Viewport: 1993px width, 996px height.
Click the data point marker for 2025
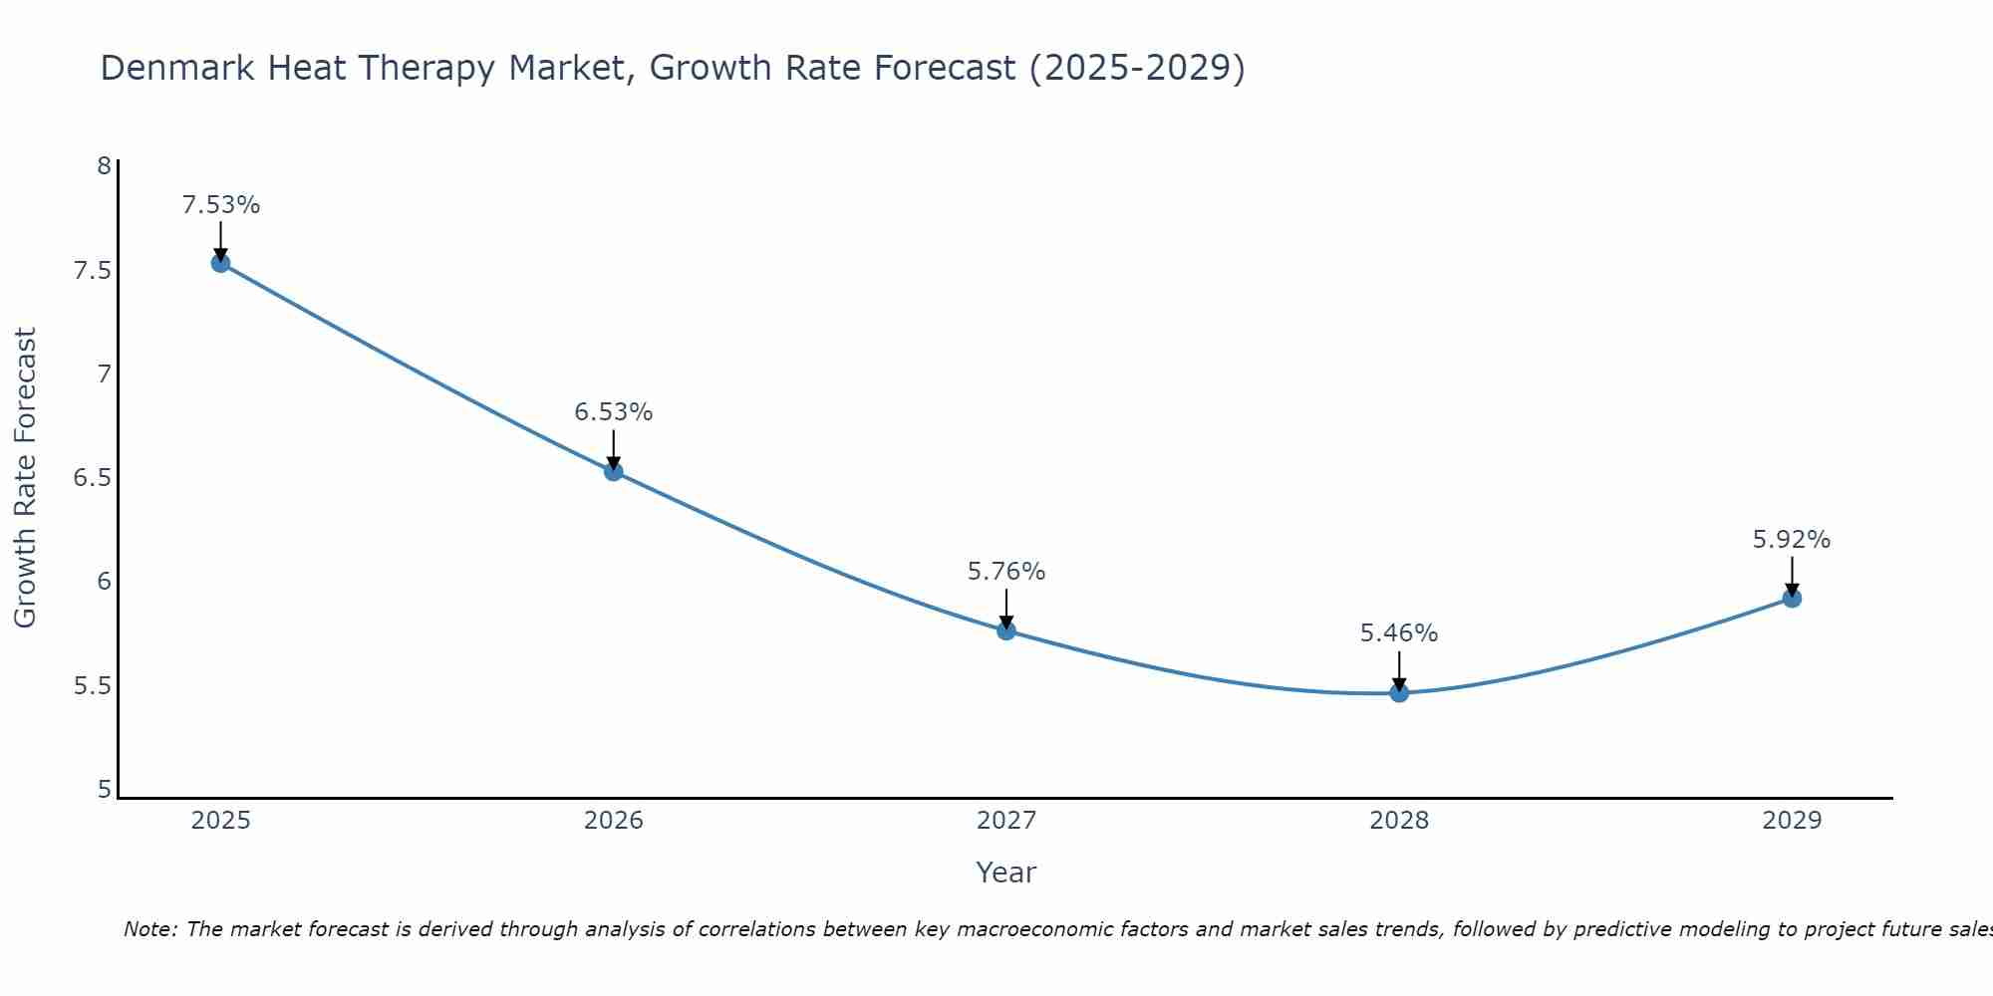[x=220, y=263]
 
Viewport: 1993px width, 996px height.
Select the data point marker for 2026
[x=614, y=471]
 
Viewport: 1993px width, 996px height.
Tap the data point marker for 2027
[x=1006, y=630]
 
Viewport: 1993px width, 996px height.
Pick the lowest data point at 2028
[x=1399, y=692]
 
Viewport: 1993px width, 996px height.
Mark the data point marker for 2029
[x=1792, y=598]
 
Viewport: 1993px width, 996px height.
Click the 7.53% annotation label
[x=220, y=205]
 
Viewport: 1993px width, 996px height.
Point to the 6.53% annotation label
[x=614, y=412]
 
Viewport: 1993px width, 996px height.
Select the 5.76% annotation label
[x=1006, y=572]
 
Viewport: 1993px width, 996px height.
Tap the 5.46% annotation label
[x=1399, y=633]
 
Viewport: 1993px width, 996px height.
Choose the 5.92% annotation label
[x=1792, y=540]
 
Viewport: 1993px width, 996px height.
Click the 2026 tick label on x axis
[x=614, y=821]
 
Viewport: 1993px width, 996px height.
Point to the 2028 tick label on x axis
[x=1399, y=821]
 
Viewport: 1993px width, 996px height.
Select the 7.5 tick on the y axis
[x=92, y=271]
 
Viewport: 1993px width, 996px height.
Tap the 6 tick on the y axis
[x=104, y=582]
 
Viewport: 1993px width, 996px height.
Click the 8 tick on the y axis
[x=104, y=165]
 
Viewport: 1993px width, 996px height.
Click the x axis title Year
[x=1006, y=872]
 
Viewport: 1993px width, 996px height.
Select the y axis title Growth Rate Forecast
[x=26, y=478]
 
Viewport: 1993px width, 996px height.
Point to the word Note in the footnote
[x=148, y=929]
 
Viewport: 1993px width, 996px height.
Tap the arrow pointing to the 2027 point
[x=1006, y=608]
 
